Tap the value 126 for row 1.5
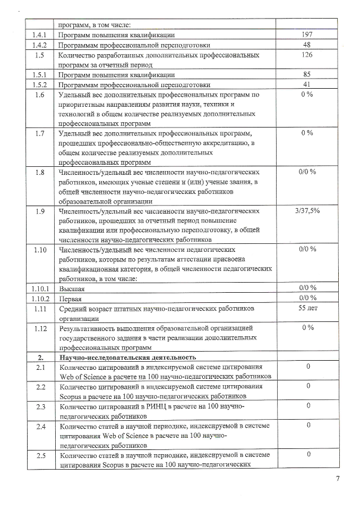[x=306, y=55]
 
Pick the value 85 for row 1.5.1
[x=306, y=75]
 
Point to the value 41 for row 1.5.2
[x=306, y=85]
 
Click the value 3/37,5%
[x=306, y=211]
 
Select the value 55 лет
[x=306, y=308]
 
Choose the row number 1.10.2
[x=40, y=298]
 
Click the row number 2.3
[x=40, y=407]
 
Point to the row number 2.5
[x=40, y=455]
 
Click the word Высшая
[x=72, y=288]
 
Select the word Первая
[x=72, y=299]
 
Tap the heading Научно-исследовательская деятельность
[x=128, y=357]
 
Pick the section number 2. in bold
[x=40, y=357]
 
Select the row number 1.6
[x=40, y=95]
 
